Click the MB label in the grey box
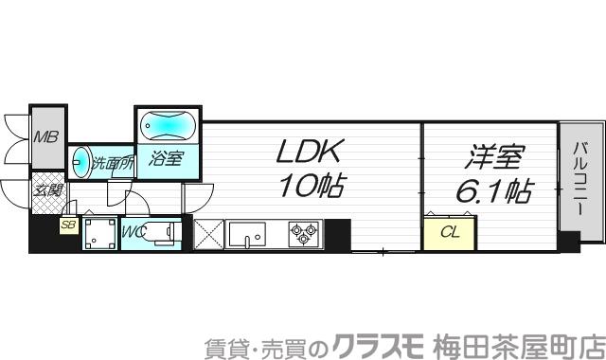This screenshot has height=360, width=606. pos(45,136)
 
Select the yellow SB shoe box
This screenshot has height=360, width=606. pos(67,225)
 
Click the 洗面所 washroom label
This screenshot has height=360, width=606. pos(112,162)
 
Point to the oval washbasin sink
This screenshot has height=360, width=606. pos(82,162)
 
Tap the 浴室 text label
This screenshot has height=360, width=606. pos(167,158)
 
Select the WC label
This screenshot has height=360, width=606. pos(132,230)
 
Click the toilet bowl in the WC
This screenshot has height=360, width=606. pos(160,232)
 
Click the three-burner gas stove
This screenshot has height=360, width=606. pos(303,233)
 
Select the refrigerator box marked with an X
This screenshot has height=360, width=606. pos(208,233)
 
